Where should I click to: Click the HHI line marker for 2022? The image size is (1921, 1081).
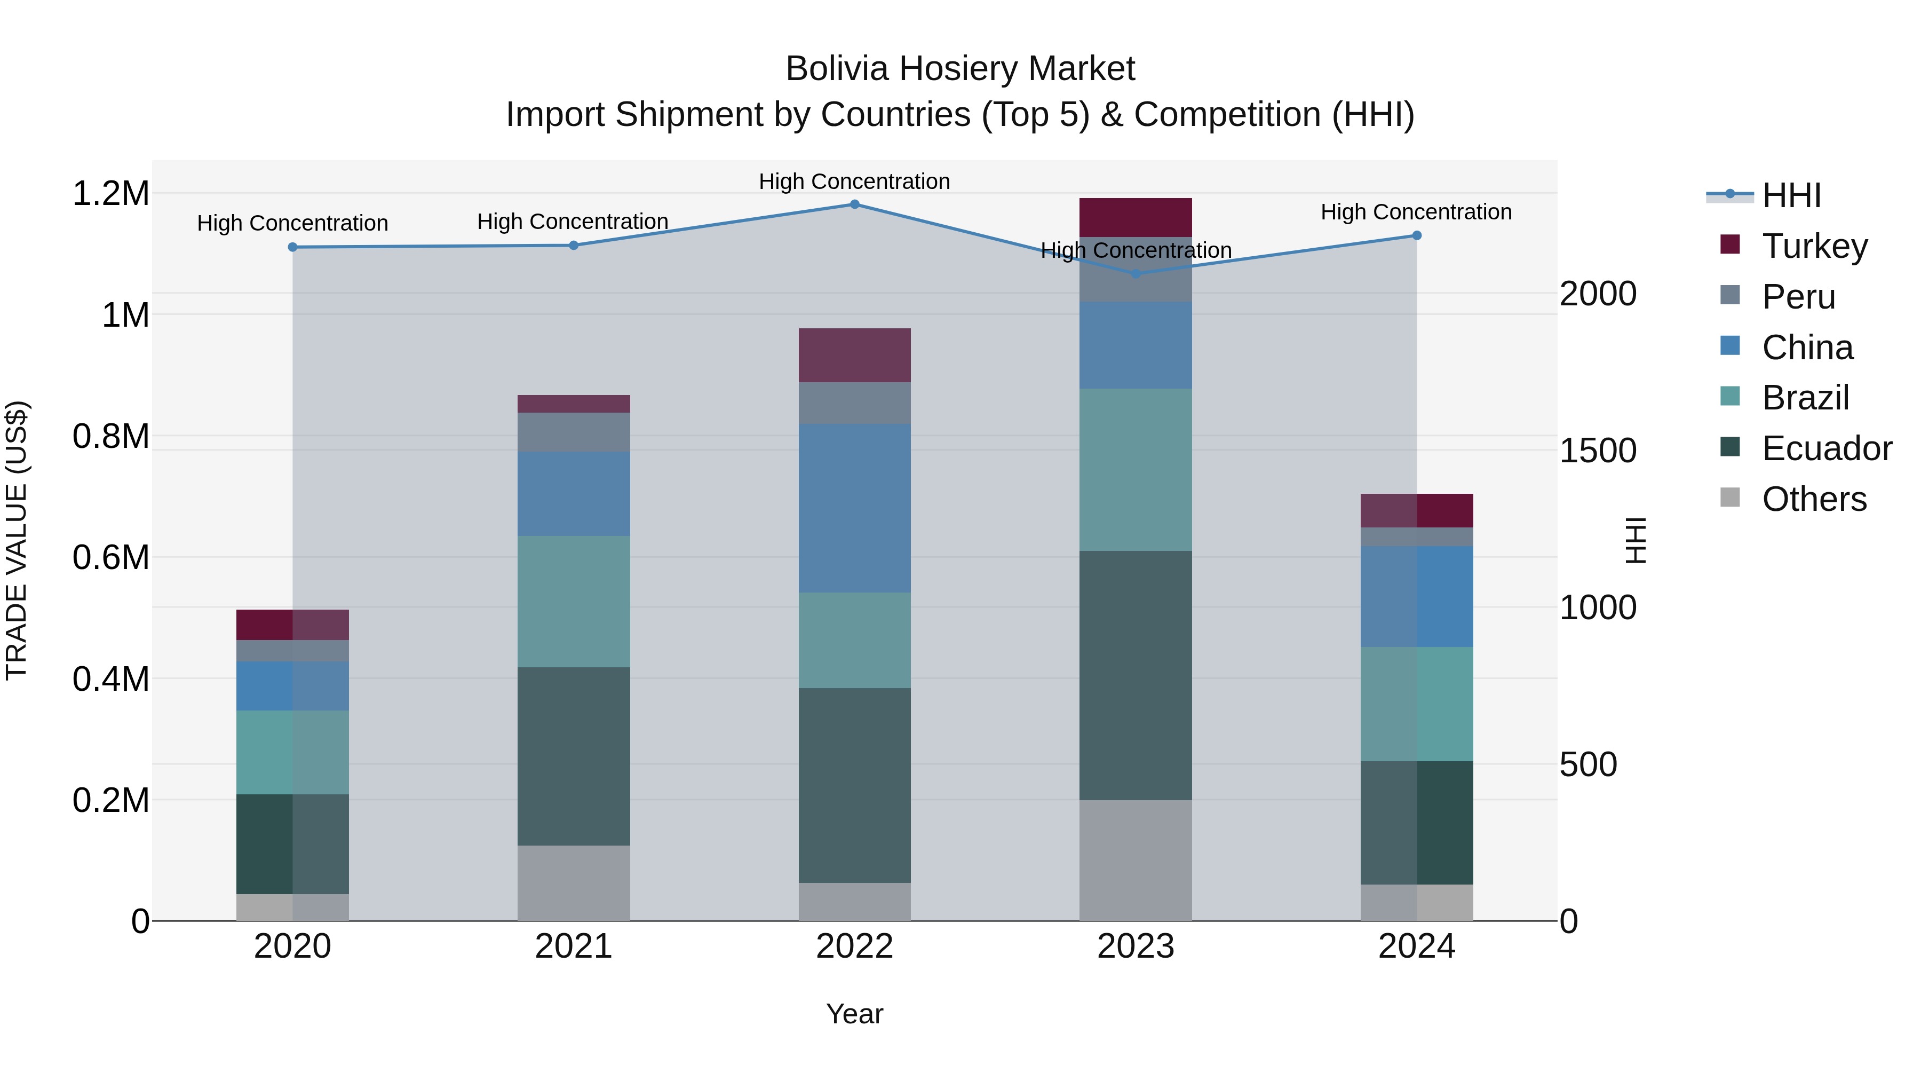[855, 204]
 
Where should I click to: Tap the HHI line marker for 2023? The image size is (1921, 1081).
[1136, 274]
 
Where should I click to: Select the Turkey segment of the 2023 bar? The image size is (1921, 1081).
[1136, 217]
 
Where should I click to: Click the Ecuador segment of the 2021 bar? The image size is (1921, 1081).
[574, 756]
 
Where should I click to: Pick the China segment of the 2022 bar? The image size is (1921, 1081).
[855, 508]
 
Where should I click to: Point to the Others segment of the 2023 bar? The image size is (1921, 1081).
[1136, 860]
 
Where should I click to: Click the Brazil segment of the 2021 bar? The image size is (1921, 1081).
[574, 601]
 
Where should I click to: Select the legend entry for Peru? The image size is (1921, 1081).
[1797, 297]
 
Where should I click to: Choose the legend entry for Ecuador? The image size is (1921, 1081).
[1825, 448]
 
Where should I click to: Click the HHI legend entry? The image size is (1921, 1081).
[1790, 195]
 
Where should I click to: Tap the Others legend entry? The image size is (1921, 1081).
[1813, 499]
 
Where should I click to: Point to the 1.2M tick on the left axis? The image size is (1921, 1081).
[110, 194]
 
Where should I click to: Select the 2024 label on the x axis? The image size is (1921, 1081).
[1416, 946]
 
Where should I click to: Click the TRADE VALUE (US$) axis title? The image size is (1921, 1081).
[17, 540]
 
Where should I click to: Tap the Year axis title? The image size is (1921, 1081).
[855, 1014]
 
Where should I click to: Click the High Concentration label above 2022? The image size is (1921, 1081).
[855, 182]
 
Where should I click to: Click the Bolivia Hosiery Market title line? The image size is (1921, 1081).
[960, 69]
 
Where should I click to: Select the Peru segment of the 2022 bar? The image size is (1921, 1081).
[855, 403]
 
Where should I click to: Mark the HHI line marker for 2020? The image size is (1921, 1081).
[292, 247]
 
